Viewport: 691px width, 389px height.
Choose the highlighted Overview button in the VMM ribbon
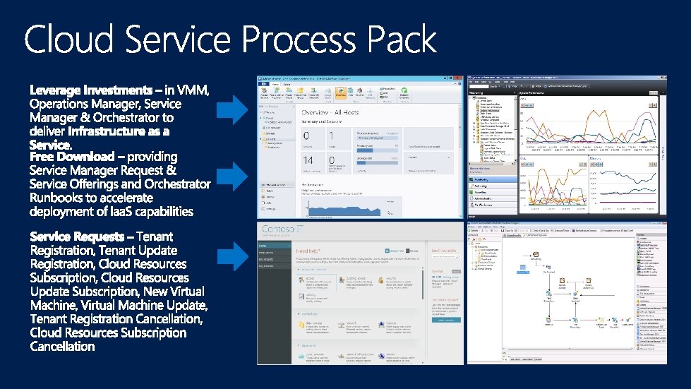(x=341, y=92)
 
